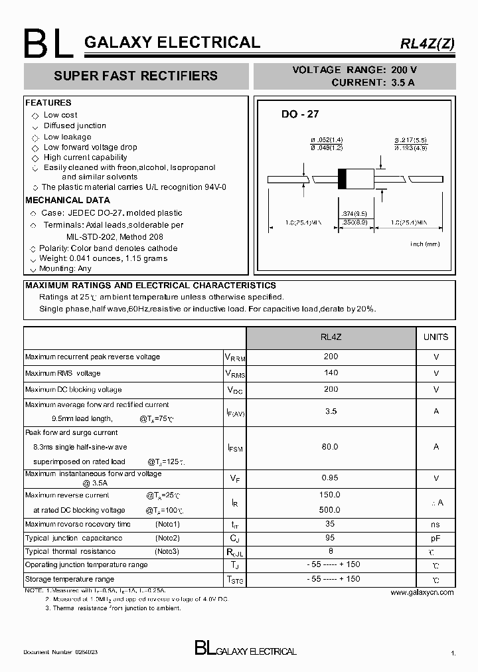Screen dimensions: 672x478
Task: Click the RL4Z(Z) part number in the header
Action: pyautogui.click(x=427, y=44)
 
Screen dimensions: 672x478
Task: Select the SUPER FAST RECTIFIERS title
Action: pyautogui.click(x=135, y=76)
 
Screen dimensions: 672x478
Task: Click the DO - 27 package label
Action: pyautogui.click(x=300, y=114)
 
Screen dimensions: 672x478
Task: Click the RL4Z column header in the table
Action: pyautogui.click(x=331, y=337)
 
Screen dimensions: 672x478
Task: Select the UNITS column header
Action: pyautogui.click(x=436, y=337)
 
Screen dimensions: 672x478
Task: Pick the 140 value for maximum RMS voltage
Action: pyautogui.click(x=331, y=373)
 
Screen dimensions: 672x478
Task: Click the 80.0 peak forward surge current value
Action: pyautogui.click(x=331, y=447)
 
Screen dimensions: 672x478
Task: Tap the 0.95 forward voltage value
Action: pyautogui.click(x=331, y=477)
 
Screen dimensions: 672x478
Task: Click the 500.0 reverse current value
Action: pyautogui.click(x=330, y=510)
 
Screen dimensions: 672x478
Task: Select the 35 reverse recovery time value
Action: pyautogui.click(x=331, y=524)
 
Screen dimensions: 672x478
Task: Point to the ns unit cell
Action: pyautogui.click(x=436, y=525)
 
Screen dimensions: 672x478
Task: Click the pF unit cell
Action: pyautogui.click(x=436, y=539)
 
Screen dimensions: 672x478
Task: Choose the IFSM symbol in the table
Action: pyautogui.click(x=235, y=448)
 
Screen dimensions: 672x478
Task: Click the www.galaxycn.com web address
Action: pyautogui.click(x=422, y=592)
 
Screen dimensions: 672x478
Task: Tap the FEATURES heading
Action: pyautogui.click(x=48, y=103)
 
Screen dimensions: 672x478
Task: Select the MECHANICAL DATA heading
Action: pyautogui.click(x=68, y=200)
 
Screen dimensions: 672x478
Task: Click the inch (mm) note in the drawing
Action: pyautogui.click(x=425, y=244)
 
